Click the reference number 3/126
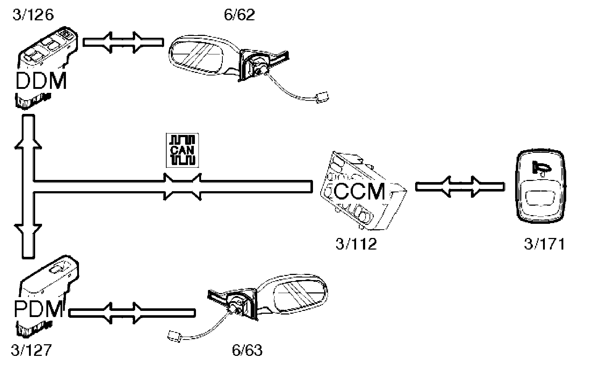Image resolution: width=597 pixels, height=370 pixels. pos(33,15)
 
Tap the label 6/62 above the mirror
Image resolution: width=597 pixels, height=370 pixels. pos(239,15)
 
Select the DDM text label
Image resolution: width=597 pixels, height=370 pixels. pos(41,81)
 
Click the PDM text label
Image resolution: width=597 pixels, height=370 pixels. pos(39,310)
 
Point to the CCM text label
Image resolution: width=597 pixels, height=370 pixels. pos(359,191)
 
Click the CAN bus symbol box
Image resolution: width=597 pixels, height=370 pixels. pos(180,150)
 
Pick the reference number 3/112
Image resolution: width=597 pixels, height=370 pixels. pos(356,244)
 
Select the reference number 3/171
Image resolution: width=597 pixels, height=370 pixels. pos(544,244)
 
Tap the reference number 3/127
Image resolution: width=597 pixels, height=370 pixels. pos(32,350)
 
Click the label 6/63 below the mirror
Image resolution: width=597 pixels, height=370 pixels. pos(247,350)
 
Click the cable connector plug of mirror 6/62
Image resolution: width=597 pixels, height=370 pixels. pos(321,97)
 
